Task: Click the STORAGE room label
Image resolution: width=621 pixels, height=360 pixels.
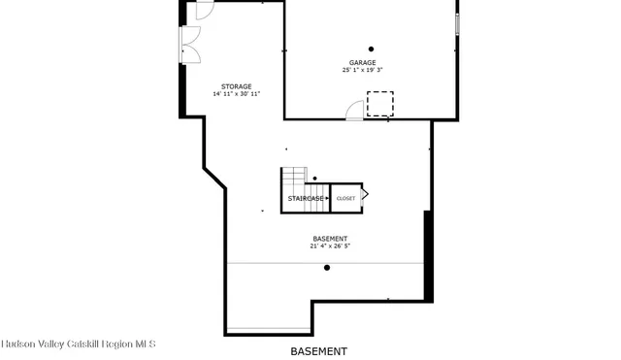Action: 236,86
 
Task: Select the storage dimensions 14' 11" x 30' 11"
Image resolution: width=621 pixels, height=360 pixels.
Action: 236,94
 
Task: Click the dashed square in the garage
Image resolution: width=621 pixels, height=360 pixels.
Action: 379,103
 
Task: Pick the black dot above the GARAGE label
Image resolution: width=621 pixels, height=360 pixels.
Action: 371,49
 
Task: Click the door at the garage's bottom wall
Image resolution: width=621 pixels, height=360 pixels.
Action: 356,111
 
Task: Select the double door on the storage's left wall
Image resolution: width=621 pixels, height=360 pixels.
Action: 188,43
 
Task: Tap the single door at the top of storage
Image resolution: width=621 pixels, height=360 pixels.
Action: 204,11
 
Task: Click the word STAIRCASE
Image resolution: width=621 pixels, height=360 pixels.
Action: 305,199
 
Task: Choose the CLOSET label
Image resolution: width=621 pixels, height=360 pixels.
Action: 345,199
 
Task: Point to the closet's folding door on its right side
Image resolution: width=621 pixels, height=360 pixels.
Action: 365,195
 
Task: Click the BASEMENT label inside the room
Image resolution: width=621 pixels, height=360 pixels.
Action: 330,239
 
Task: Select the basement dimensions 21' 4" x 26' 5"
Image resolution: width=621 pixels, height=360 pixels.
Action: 330,246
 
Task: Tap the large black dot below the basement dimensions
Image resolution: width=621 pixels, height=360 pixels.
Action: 327,268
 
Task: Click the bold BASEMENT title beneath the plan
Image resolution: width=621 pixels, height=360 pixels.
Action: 318,350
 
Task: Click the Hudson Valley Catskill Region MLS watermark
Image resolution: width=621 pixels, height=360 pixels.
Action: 78,344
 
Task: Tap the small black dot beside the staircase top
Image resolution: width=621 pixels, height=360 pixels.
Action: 314,179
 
